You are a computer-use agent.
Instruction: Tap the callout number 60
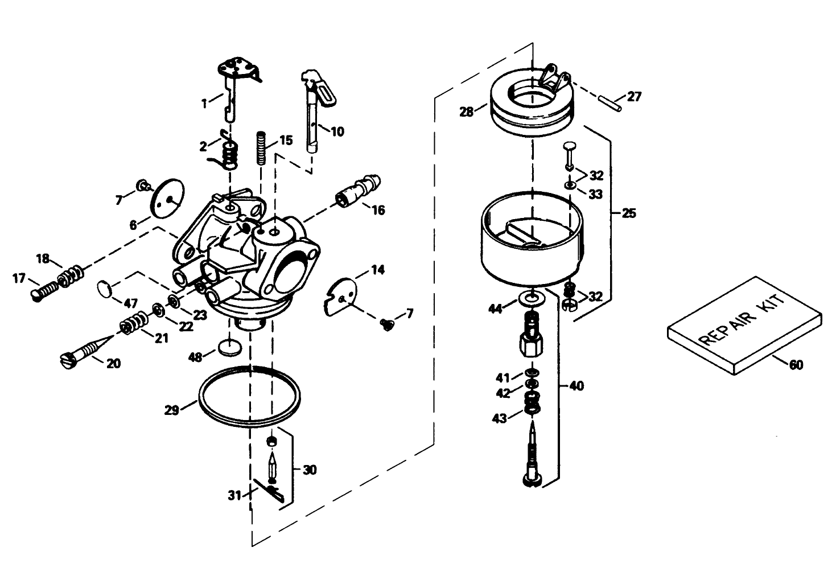pos(796,364)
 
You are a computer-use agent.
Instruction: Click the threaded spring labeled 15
pos(262,147)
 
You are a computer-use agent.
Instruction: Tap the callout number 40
pos(576,386)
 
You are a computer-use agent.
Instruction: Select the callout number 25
pos(628,213)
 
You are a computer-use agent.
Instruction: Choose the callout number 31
pos(234,495)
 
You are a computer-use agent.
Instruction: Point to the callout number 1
pos(203,103)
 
